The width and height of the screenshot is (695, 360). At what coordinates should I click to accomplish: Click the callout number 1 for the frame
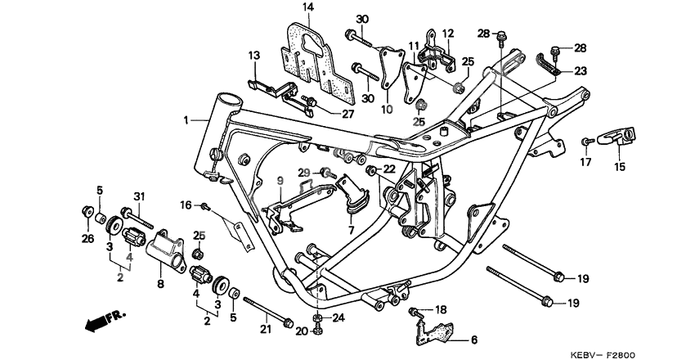(x=187, y=120)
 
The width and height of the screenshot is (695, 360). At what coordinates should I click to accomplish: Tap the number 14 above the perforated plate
(x=308, y=8)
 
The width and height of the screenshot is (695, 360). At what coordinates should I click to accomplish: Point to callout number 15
(x=619, y=168)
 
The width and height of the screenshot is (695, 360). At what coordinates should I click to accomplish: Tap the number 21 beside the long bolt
(x=264, y=329)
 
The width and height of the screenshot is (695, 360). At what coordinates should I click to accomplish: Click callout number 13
(x=254, y=55)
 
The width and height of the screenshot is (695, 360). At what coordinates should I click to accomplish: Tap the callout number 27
(x=348, y=115)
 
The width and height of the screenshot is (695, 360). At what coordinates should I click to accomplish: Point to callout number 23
(x=580, y=71)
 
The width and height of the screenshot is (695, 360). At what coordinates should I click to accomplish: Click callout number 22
(x=389, y=169)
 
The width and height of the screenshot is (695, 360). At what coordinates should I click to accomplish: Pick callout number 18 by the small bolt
(x=441, y=308)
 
